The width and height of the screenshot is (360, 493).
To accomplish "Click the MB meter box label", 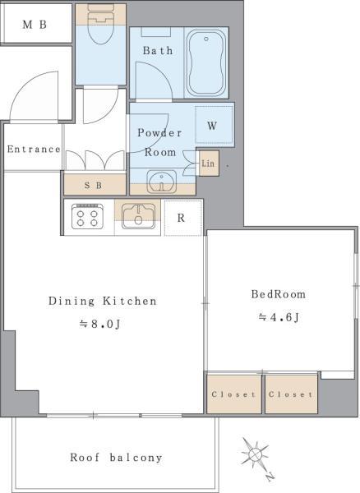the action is coord(35,25).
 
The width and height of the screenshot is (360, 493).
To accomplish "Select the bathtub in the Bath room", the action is coord(206,62).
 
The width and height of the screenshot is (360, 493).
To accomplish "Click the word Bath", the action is coord(158,50).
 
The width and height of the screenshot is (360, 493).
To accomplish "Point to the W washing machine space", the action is coord(215,125).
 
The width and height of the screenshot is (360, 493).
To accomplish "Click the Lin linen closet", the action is coord(209,164).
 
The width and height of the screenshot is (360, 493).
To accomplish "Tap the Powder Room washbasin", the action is coord(162,182).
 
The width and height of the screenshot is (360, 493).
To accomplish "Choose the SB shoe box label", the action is coord(94,186).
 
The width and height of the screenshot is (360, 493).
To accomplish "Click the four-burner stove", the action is coord(87,216).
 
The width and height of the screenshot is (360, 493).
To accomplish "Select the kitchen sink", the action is coord(138,216).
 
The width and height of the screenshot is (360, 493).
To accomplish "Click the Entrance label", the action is coord(34,149).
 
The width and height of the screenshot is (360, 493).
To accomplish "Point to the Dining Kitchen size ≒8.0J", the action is coord(100,324).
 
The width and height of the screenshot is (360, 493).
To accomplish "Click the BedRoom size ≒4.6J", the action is coord(279,317).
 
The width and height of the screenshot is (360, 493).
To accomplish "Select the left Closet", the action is coord(234,394).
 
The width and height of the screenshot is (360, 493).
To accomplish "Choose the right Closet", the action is coord(291,394).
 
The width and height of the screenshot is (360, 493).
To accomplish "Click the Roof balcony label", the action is coord(116,458).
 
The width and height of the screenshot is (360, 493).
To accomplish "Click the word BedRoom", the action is coord(279,294).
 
